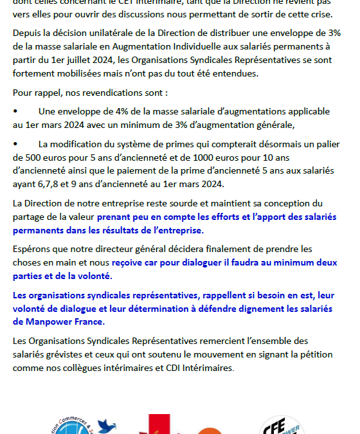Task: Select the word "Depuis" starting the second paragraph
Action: tap(28, 33)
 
